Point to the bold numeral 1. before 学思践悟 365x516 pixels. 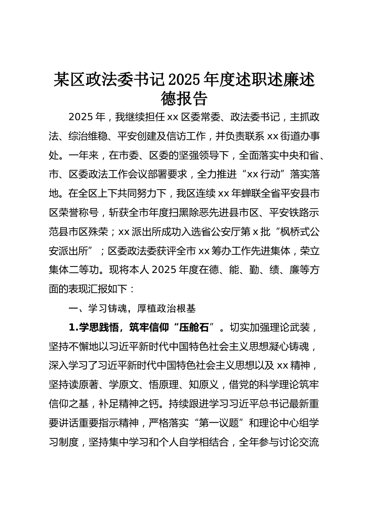[x=73, y=327]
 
